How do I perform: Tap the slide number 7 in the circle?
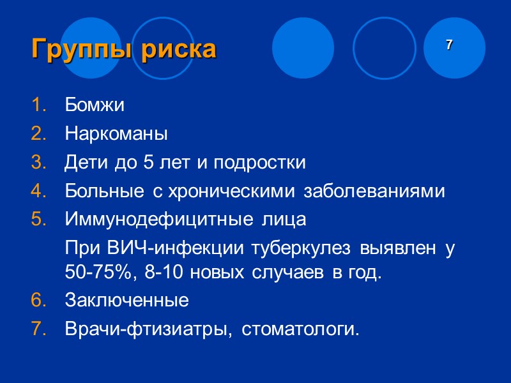click(450, 45)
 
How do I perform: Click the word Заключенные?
click(126, 299)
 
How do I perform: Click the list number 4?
click(38, 191)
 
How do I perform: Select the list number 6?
click(38, 299)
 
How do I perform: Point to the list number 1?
click(38, 105)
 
